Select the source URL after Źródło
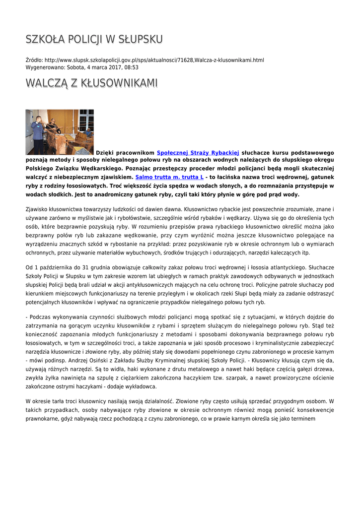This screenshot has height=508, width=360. (x=154, y=60)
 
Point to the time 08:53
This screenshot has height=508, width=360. (x=132, y=67)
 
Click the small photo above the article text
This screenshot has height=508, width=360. (x=60, y=132)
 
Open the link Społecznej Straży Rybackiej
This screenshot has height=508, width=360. (x=198, y=153)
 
